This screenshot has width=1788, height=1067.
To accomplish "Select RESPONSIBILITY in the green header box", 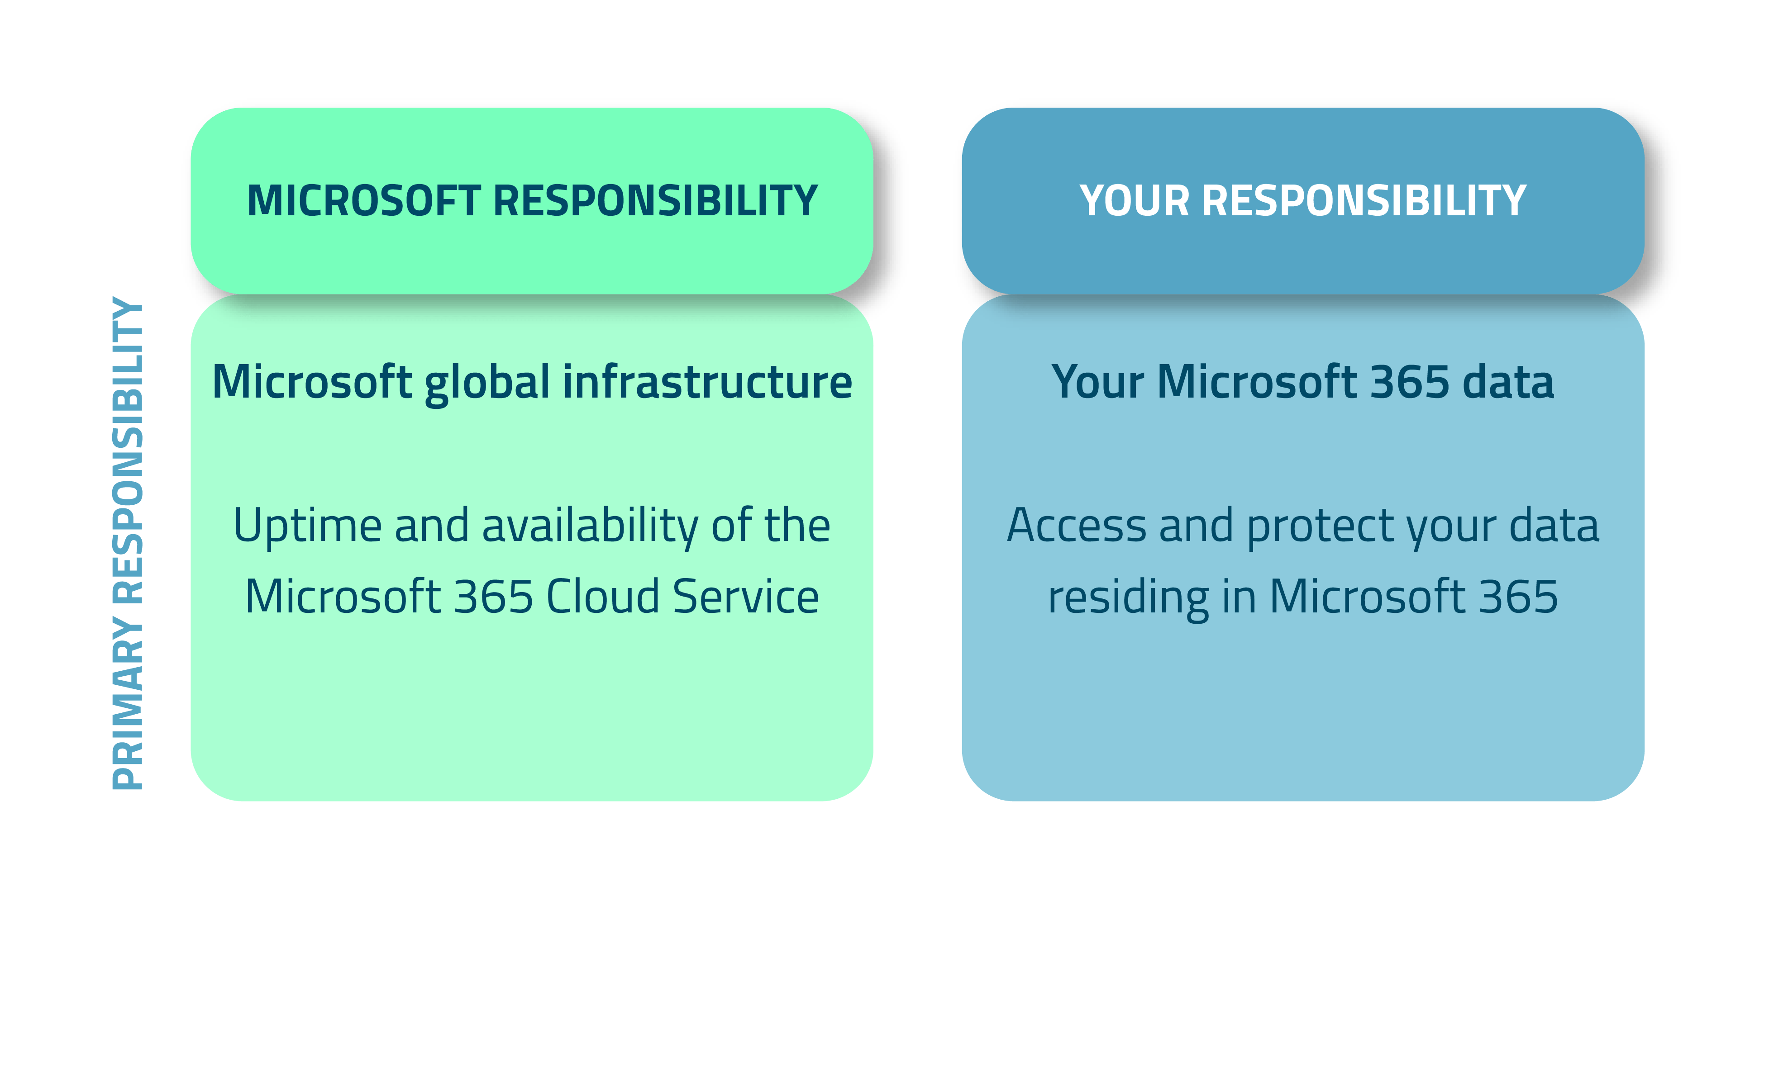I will pos(655,201).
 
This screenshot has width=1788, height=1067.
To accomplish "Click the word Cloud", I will pos(603,597).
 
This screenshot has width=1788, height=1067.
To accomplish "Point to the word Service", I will pos(746,597).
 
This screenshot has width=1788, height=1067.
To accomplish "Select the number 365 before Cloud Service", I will pos(493,597).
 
